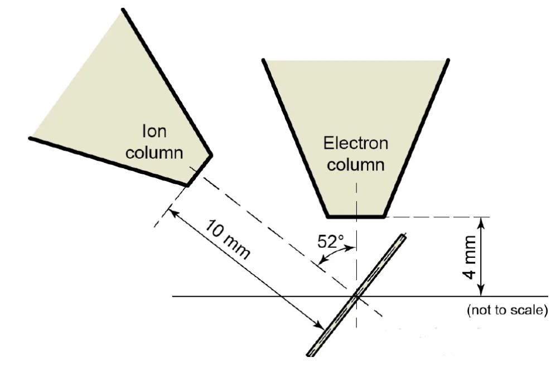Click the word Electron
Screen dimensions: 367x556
point(356,143)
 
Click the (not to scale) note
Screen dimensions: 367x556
point(506,310)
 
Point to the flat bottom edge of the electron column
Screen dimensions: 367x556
point(355,216)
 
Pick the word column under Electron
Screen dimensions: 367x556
point(356,165)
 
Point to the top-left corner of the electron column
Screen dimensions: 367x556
point(263,60)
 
